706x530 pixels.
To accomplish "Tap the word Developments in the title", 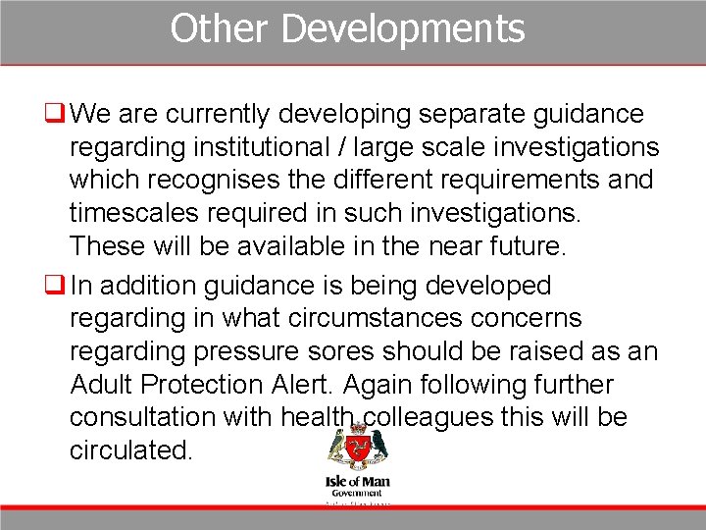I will (402, 29).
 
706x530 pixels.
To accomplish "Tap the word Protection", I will (233, 384).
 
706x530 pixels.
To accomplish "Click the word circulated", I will (131, 450).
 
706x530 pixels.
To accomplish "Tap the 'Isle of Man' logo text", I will (356, 482).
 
